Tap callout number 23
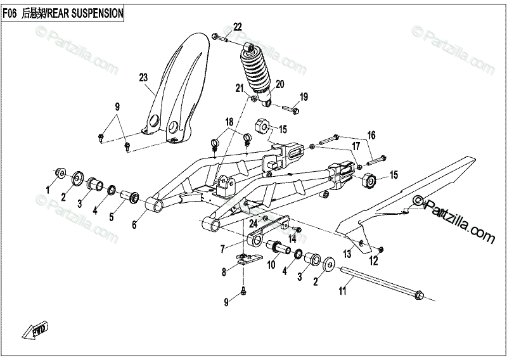tap(143, 77)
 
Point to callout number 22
tap(237, 27)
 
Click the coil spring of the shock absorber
tap(257, 71)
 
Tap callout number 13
tap(346, 254)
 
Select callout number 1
tap(47, 190)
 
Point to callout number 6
tap(134, 224)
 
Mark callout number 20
tap(279, 84)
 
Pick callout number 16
tap(371, 135)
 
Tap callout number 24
tap(253, 223)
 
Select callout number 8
tap(224, 273)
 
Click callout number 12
tap(373, 260)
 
